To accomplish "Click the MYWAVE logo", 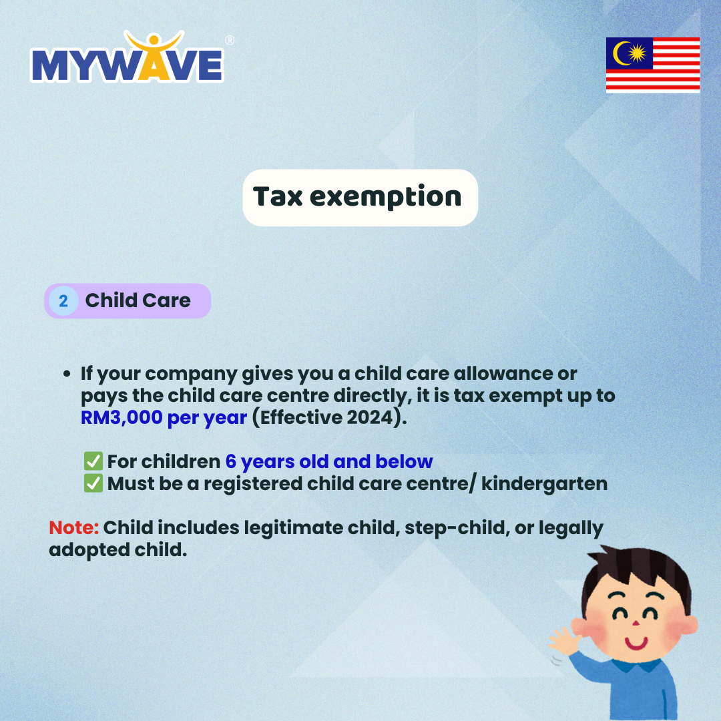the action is click(128, 57).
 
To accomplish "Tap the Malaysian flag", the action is click(652, 65).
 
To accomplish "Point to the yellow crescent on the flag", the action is click(621, 53).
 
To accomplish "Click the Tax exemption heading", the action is click(356, 197).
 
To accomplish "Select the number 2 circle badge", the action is click(63, 301).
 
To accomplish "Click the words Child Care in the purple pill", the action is click(138, 300).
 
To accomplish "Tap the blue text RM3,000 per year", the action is click(164, 417).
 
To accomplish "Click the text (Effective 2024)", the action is click(330, 417).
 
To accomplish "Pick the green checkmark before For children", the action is click(93, 461).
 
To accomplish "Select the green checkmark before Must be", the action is click(93, 483).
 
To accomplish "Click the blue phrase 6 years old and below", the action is click(328, 462).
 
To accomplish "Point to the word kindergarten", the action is click(544, 484).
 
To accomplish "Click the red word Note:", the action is click(73, 527).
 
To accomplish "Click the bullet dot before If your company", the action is click(67, 374).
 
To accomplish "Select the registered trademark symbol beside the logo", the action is click(230, 41).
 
